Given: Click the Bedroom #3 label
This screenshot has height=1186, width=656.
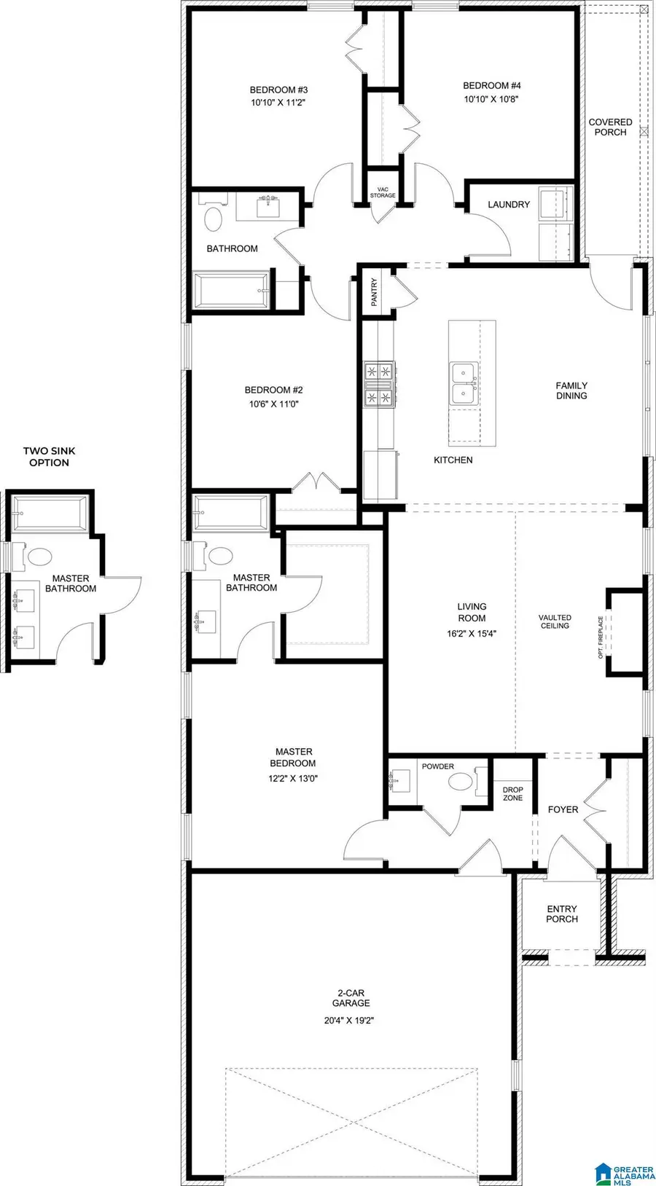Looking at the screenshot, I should [x=278, y=90].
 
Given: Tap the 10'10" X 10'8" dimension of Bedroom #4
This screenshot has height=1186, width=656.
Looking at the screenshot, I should [x=491, y=99].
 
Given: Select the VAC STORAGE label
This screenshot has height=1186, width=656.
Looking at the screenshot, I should [x=383, y=192].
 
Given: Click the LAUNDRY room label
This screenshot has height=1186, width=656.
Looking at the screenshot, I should [x=509, y=205].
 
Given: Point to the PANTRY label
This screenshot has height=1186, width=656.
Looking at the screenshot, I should [x=375, y=292].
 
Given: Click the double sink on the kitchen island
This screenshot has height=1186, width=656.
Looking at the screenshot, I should [x=464, y=384].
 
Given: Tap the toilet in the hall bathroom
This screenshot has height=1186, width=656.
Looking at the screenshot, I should [x=213, y=219].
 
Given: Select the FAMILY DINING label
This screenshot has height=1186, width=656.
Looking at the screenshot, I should [x=571, y=390].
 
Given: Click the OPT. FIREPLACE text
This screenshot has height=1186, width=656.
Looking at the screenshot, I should [x=601, y=637].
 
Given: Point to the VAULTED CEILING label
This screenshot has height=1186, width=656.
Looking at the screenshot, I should [x=555, y=621].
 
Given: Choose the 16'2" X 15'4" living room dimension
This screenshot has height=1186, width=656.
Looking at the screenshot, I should [x=472, y=634].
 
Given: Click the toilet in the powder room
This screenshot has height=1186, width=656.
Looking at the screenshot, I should [x=461, y=782].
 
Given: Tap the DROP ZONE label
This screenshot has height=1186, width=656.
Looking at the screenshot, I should [x=513, y=794].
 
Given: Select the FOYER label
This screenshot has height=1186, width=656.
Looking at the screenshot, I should [x=563, y=809].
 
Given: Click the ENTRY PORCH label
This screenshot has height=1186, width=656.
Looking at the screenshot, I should [x=562, y=914].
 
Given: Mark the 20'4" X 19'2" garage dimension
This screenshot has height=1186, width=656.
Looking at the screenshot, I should [x=351, y=1021].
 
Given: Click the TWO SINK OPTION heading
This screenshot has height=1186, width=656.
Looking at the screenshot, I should [x=49, y=457].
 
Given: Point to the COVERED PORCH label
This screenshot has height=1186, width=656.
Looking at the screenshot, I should [x=610, y=127].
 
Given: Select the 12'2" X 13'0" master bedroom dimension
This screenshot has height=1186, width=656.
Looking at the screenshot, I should [x=292, y=778].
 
